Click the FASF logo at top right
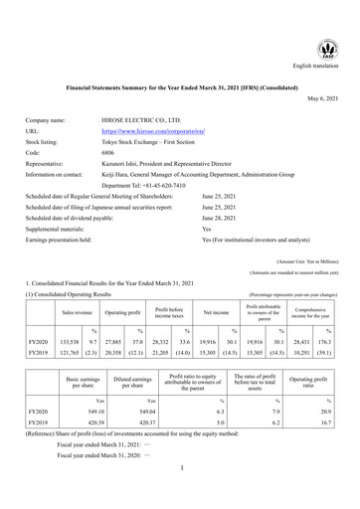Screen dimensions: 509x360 click(x=326, y=46)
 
